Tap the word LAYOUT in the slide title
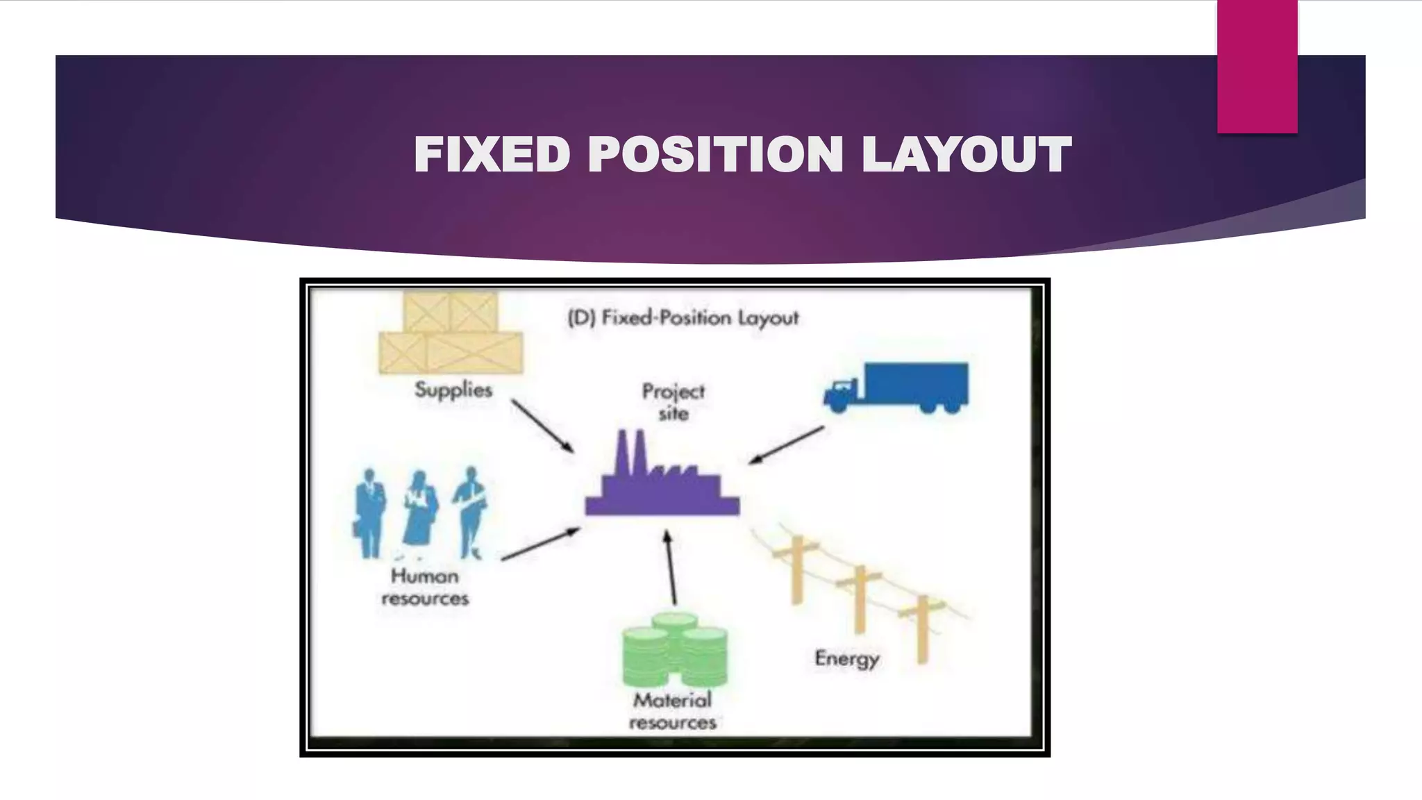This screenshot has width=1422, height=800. click(967, 154)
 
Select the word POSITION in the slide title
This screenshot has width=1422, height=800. click(715, 154)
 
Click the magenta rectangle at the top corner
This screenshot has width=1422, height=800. click(1257, 67)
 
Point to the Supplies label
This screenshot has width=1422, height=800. click(453, 390)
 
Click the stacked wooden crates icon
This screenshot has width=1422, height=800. click(451, 333)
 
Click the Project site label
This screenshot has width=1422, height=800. click(673, 402)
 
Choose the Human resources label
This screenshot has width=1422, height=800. click(425, 587)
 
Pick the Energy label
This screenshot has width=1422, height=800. click(846, 658)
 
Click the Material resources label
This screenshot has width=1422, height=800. click(672, 711)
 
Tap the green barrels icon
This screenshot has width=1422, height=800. click(675, 649)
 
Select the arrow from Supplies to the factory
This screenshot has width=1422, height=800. click(543, 426)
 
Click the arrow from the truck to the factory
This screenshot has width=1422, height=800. click(786, 445)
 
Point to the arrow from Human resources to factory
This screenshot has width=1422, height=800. click(540, 544)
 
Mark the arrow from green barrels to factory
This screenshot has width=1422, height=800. click(670, 568)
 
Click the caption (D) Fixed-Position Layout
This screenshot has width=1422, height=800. click(683, 318)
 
